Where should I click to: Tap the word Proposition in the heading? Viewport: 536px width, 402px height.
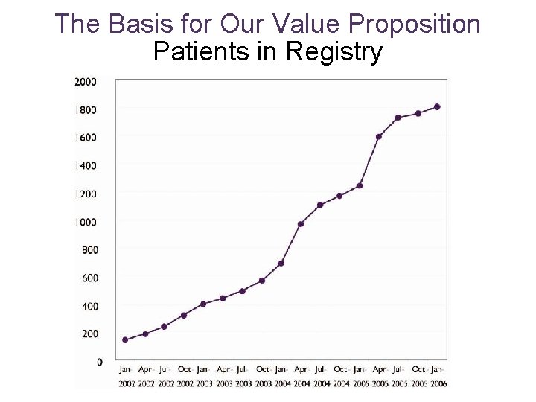[x=415, y=24]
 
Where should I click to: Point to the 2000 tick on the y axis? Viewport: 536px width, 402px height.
[x=85, y=82]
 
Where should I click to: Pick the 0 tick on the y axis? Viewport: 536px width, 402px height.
[x=100, y=362]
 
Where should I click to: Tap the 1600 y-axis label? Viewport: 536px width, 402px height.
[x=85, y=138]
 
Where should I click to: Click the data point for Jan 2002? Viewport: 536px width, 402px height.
[x=125, y=339]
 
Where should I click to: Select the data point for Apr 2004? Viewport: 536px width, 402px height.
[x=301, y=224]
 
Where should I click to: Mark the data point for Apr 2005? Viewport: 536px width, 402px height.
[x=379, y=137]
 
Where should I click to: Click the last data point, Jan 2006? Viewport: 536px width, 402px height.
[x=437, y=106]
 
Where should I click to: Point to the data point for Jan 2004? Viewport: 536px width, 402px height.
[x=281, y=263]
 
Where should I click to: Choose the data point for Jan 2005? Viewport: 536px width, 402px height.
[x=360, y=185]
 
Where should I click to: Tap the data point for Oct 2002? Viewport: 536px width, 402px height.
[x=184, y=315]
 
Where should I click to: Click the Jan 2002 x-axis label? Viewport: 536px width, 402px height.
[x=125, y=376]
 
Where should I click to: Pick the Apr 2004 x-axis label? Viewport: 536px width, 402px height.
[x=301, y=376]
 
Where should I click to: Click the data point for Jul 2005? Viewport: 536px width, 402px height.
[x=398, y=118]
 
